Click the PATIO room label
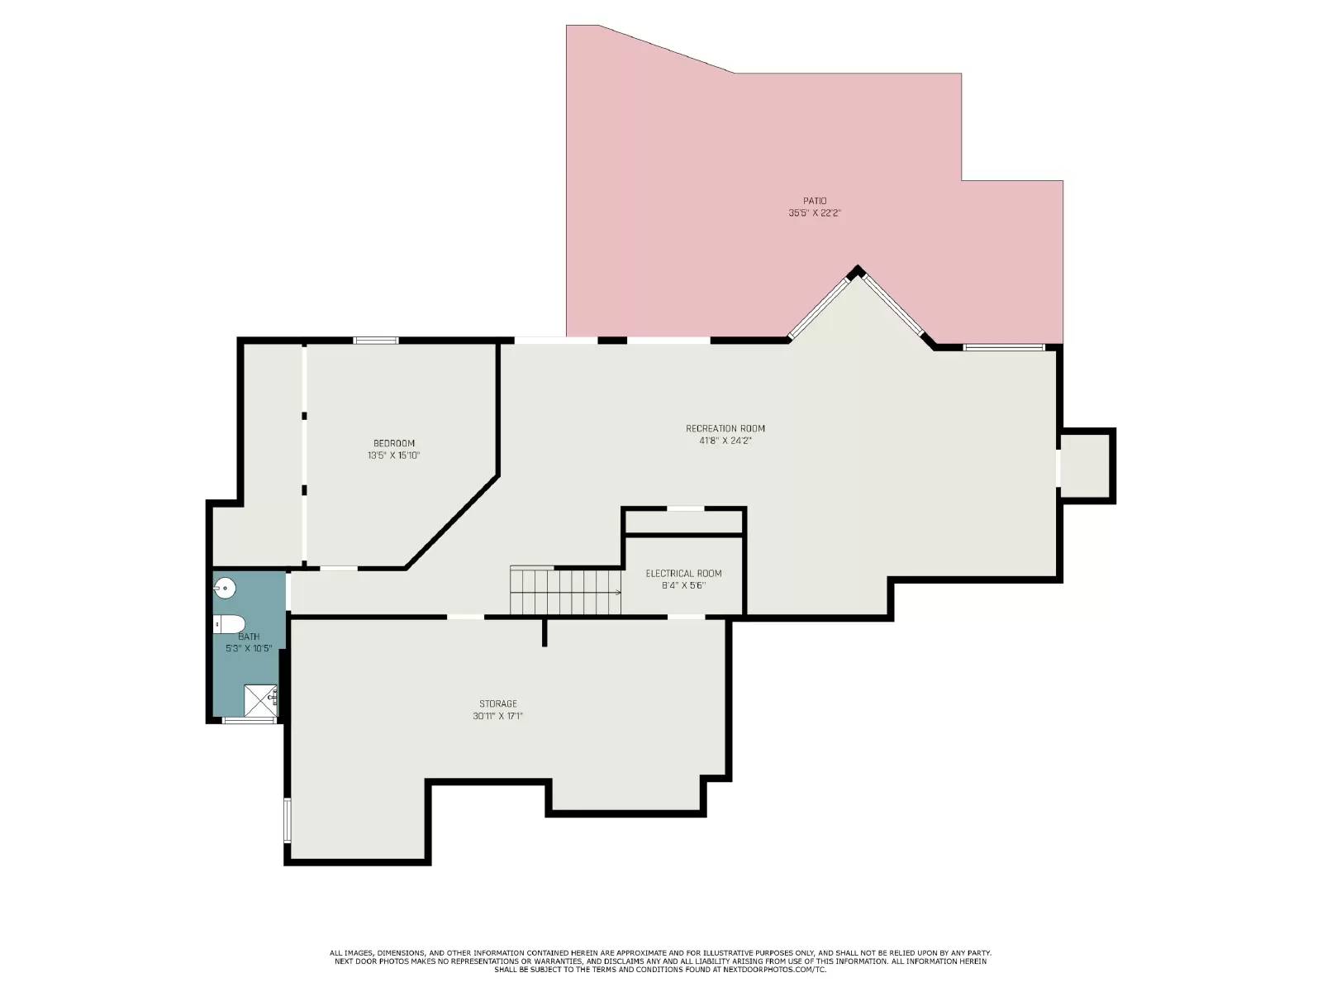tap(815, 201)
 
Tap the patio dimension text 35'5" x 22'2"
tap(815, 213)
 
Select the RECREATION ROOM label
tap(725, 428)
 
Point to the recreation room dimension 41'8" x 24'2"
tap(725, 441)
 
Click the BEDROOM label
tap(394, 443)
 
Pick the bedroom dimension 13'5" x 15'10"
tap(394, 455)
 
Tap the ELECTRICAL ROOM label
tap(683, 574)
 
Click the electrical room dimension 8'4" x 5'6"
tap(683, 586)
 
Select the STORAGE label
tap(498, 704)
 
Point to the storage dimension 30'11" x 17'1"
tap(498, 717)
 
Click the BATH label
tap(249, 637)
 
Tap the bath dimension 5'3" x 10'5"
tap(249, 649)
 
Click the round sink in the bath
tap(225, 589)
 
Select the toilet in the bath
tap(231, 624)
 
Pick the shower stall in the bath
tap(260, 701)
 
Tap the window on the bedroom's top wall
tap(376, 340)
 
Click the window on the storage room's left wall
tap(288, 820)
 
